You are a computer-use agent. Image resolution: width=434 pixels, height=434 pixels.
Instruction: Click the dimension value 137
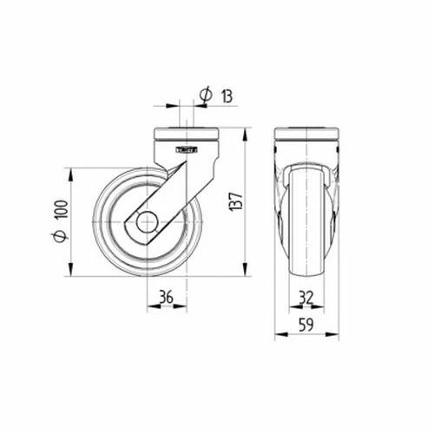(x=237, y=201)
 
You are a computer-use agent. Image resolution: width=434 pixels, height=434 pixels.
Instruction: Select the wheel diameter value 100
(x=62, y=209)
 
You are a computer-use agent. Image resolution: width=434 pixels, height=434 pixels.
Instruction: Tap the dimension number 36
(x=167, y=297)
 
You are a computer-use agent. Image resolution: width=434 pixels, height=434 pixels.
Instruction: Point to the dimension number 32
(x=306, y=298)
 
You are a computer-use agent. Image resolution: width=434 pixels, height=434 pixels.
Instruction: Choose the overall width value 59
(x=306, y=325)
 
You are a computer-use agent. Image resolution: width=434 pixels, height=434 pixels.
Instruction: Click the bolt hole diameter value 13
(x=227, y=96)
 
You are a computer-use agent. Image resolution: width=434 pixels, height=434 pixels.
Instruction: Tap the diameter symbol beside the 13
(x=206, y=95)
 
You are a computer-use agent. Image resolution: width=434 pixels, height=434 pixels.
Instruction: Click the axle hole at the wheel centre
(x=148, y=222)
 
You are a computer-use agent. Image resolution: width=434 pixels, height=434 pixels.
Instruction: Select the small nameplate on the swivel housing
(x=187, y=149)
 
